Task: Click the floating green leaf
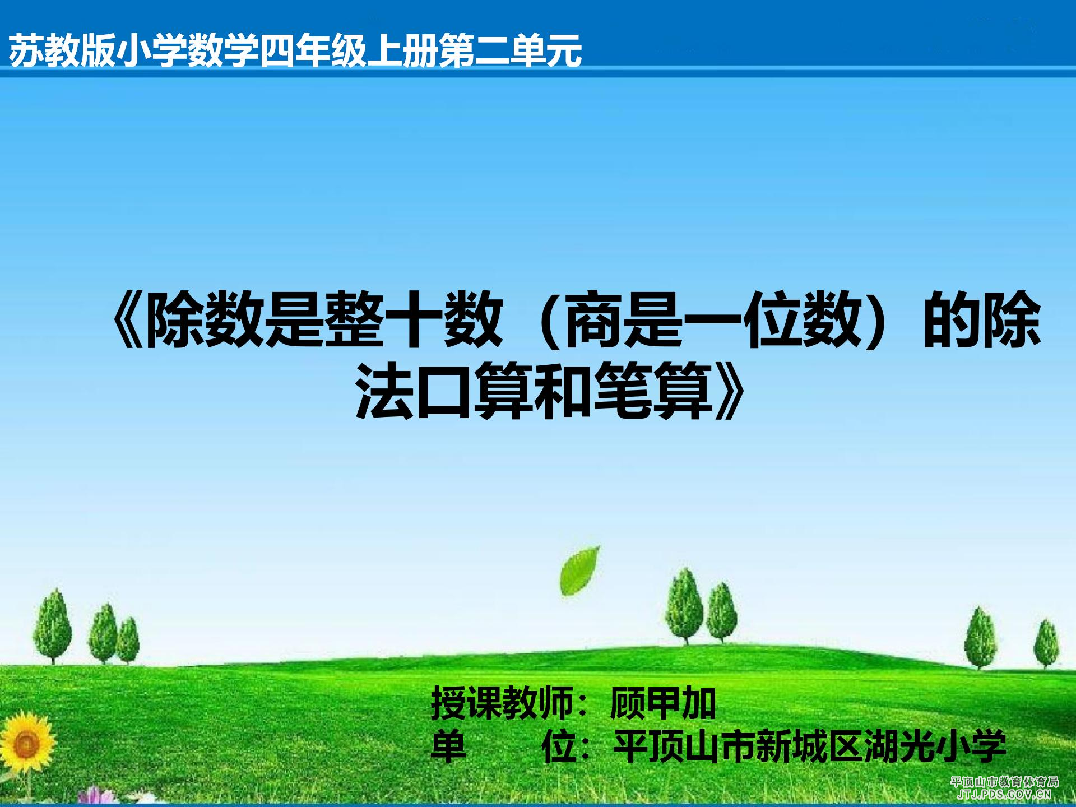[579, 571]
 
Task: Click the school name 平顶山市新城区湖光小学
[810, 746]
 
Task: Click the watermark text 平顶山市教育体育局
[1005, 782]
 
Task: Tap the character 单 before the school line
[448, 746]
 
